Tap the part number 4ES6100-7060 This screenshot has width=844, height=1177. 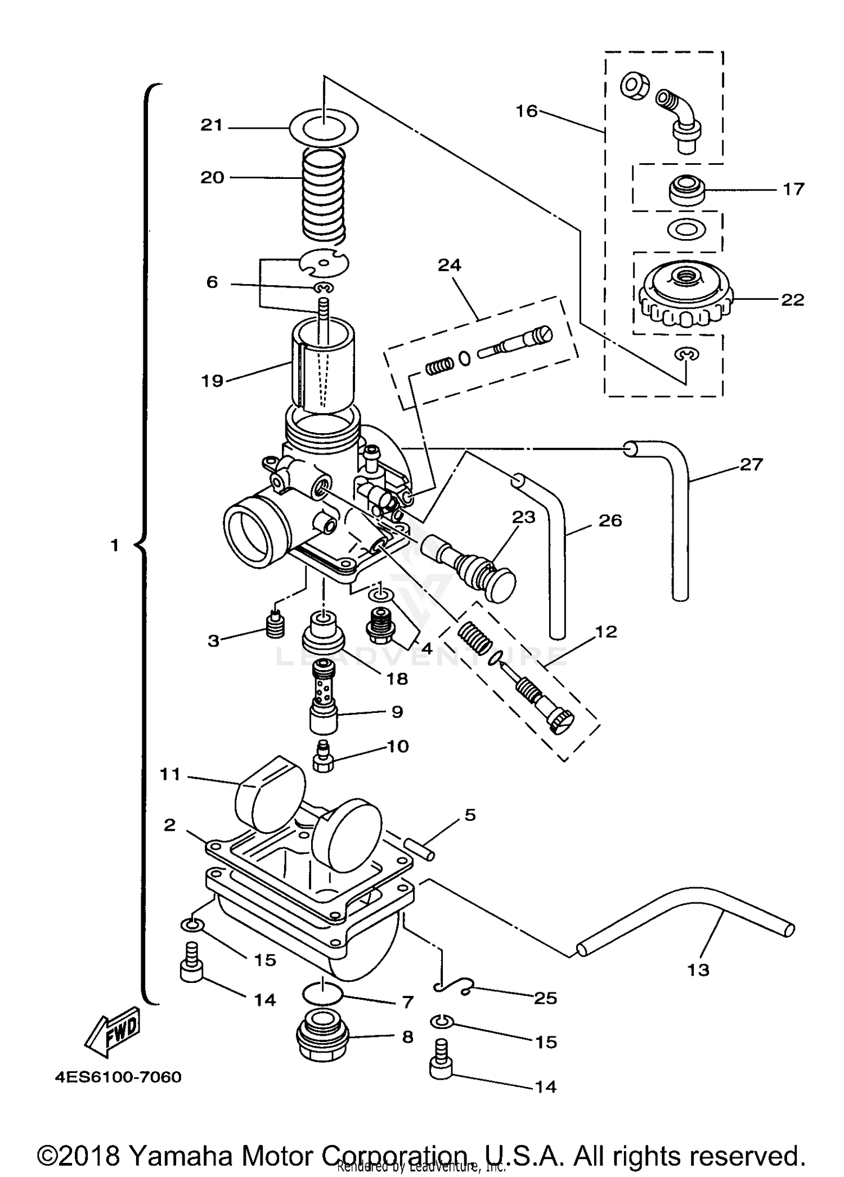point(118,1077)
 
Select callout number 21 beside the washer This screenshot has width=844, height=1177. point(212,125)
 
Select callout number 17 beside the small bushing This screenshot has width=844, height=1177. point(793,189)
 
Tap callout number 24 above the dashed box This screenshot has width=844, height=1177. point(449,264)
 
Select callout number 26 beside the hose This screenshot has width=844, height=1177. point(610,520)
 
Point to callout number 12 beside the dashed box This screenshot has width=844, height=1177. point(606,631)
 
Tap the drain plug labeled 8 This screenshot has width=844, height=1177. point(322,1035)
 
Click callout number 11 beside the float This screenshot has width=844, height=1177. point(170,775)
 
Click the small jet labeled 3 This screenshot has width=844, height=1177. point(275,625)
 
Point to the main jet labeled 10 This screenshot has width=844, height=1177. point(323,757)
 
